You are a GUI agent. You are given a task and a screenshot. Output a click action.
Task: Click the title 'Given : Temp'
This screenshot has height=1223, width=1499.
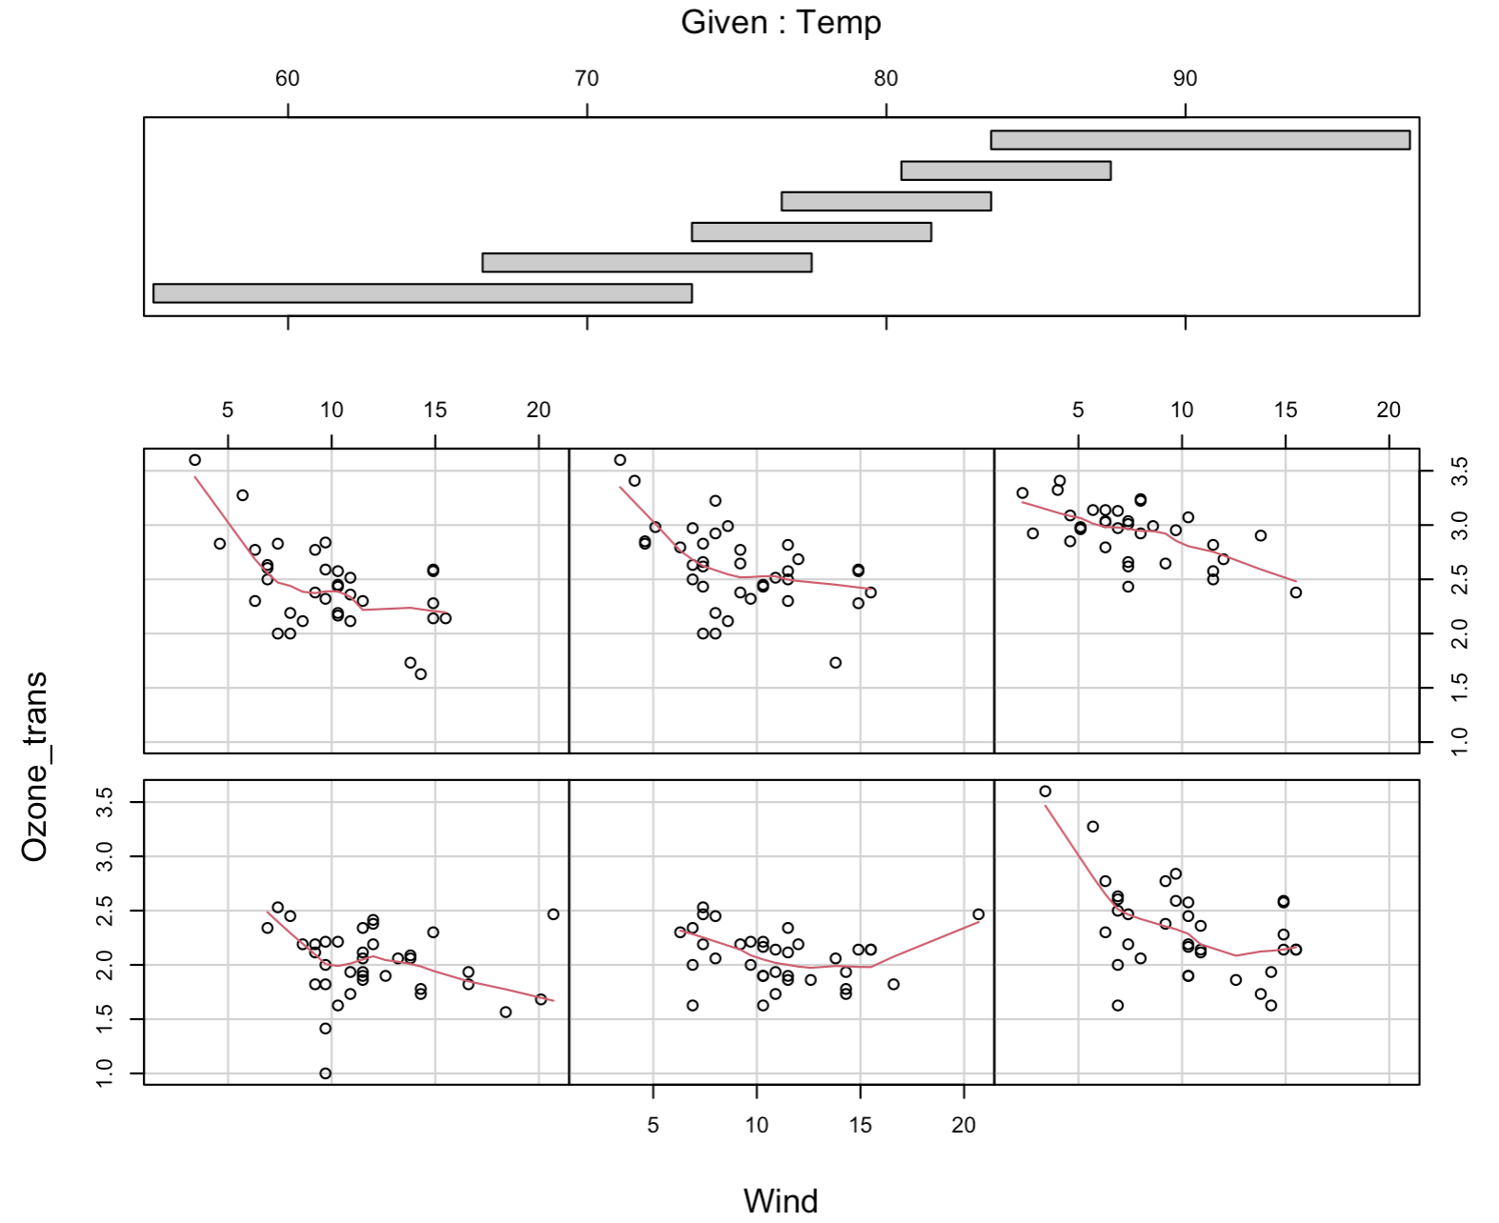click(x=780, y=22)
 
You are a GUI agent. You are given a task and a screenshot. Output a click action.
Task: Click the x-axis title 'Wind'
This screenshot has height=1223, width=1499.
click(x=780, y=1200)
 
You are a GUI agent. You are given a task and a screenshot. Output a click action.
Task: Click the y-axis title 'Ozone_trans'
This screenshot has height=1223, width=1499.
click(x=34, y=767)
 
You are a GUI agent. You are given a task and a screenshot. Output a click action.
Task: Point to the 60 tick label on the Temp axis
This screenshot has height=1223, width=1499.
click(x=288, y=79)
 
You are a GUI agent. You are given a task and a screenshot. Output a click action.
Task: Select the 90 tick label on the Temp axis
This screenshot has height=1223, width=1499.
click(x=1185, y=79)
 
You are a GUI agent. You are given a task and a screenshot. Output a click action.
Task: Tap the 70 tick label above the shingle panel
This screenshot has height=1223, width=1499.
click(x=587, y=79)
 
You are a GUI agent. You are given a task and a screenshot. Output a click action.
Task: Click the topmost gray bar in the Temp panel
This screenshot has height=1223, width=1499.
click(x=1200, y=140)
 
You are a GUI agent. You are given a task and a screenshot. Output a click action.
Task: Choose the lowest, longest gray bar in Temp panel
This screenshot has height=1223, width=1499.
click(x=422, y=293)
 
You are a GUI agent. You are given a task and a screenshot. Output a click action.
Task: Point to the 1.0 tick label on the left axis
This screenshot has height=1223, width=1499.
click(x=105, y=1073)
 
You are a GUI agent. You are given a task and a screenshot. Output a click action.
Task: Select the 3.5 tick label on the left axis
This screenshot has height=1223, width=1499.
click(x=105, y=803)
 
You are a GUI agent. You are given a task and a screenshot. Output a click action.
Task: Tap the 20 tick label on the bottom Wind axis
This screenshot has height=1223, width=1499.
click(x=964, y=1125)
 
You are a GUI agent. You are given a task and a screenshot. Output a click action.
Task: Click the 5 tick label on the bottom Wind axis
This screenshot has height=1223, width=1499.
click(x=652, y=1125)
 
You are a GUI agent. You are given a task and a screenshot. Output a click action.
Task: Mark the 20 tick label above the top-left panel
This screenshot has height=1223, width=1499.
click(x=538, y=410)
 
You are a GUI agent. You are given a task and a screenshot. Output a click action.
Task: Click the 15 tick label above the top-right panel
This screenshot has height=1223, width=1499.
click(x=1286, y=410)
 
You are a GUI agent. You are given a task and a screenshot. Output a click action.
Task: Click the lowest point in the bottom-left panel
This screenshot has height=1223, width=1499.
click(x=325, y=1073)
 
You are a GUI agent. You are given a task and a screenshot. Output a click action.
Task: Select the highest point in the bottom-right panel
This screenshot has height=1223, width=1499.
click(x=1045, y=792)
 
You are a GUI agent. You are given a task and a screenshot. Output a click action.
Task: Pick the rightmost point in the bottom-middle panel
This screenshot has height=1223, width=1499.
click(x=978, y=914)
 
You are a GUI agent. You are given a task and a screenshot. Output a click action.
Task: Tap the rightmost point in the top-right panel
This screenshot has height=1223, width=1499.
click(x=1295, y=592)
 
